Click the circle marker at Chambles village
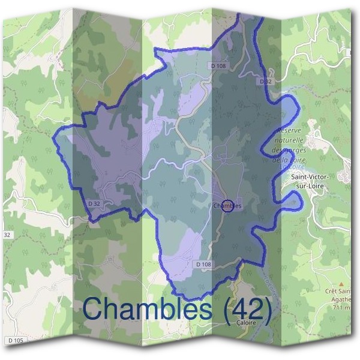227,206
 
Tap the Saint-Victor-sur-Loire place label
313,181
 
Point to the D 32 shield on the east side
266,80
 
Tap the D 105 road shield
17,340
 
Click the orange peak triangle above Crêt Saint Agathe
341,282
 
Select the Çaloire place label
239,322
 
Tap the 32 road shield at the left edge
7,233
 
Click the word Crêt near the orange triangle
331,291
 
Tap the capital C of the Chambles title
95,308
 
